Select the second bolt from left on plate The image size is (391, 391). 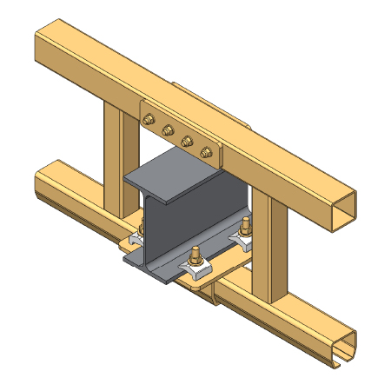pos(167,129)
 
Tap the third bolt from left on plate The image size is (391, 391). pos(185,140)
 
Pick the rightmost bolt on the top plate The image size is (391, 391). pos(205,151)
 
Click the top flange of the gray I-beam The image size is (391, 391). pos(173,177)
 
